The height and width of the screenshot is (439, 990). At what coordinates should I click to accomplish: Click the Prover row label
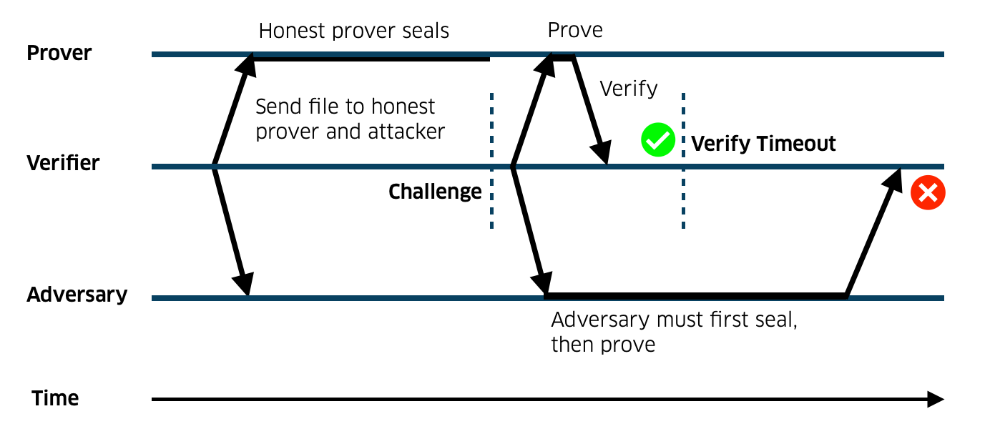point(59,54)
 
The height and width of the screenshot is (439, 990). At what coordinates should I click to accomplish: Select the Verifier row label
point(63,164)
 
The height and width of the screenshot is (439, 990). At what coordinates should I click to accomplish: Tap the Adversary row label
point(77,295)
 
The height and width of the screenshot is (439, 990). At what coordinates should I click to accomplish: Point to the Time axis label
point(55,398)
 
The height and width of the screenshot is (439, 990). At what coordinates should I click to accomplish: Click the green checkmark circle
point(657,140)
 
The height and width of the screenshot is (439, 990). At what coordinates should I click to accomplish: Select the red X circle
point(928,193)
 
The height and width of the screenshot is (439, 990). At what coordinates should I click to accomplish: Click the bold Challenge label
point(435,192)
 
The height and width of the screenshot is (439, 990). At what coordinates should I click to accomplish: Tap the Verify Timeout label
point(763,144)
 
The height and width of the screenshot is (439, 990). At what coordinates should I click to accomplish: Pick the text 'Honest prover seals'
point(354,31)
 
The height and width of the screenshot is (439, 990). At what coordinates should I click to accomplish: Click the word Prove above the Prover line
point(575,30)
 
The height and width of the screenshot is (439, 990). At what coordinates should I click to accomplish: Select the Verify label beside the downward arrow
point(628,89)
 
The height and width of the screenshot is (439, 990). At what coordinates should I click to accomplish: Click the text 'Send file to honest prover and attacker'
point(350,119)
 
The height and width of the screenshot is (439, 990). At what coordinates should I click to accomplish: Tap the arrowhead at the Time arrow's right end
point(936,399)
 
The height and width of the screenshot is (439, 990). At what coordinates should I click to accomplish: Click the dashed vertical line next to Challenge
point(491,161)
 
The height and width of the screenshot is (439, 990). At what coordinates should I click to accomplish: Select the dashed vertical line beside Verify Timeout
point(683,161)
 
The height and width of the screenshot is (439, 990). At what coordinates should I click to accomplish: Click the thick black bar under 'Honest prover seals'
point(369,58)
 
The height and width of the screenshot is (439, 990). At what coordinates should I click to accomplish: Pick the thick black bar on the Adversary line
point(695,295)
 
